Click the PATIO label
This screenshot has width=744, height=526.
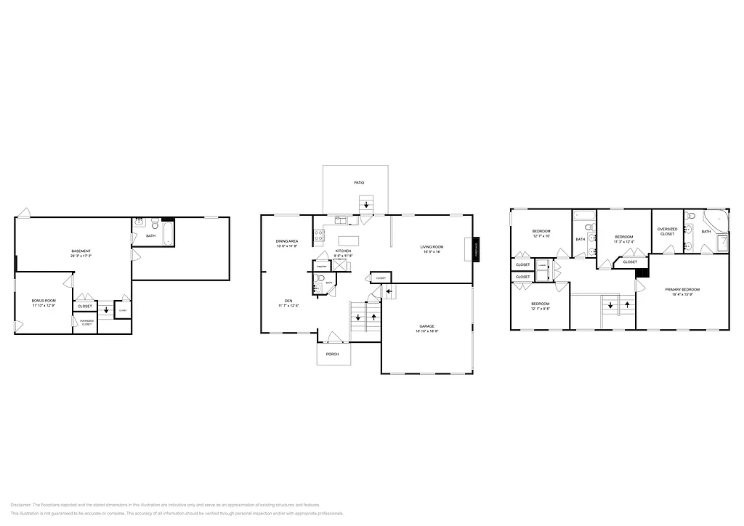click(x=359, y=182)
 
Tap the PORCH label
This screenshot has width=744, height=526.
click(x=332, y=354)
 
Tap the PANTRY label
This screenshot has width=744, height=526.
click(x=321, y=267)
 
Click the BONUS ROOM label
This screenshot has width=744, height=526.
click(x=44, y=300)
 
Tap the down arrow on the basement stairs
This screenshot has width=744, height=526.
click(x=106, y=309)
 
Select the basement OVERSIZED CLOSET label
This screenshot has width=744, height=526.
click(x=86, y=322)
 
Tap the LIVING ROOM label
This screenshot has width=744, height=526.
click(x=432, y=247)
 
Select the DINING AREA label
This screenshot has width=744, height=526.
click(x=287, y=241)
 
